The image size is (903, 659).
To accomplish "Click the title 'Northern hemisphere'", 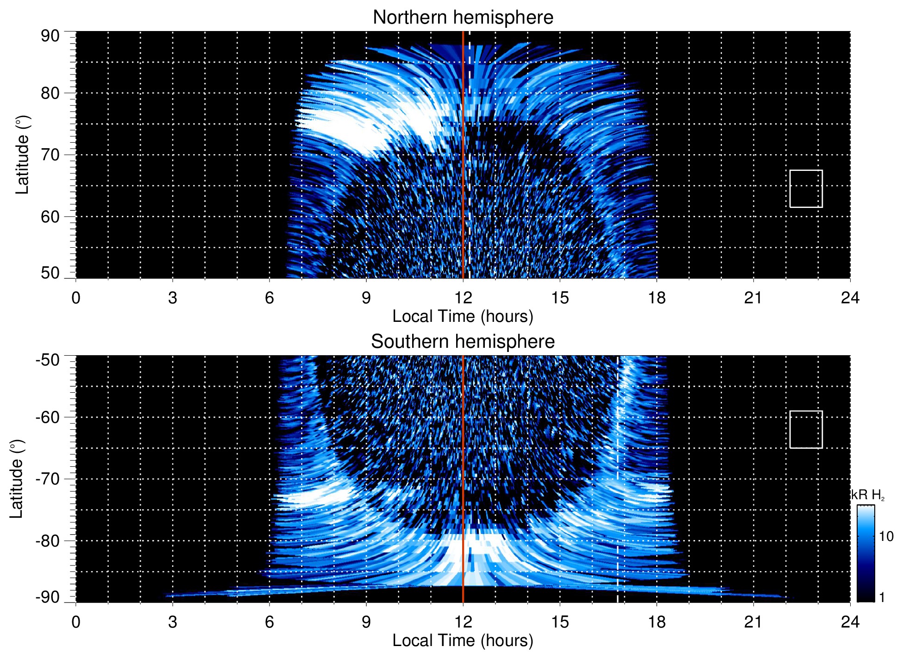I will click(463, 18).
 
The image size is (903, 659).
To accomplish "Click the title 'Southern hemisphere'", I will click(463, 342).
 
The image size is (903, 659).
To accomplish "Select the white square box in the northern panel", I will click(806, 188).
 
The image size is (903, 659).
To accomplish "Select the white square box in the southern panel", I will click(806, 429).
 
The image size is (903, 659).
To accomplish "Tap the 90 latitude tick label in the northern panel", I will click(50, 36).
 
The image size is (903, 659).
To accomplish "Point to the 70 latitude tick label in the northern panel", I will click(50, 155).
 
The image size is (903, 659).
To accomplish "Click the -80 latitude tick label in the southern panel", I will click(48, 540).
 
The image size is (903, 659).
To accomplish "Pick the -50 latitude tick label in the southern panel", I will click(48, 360).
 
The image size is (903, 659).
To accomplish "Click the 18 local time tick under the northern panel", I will click(657, 298).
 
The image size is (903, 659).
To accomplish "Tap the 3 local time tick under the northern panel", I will click(173, 298).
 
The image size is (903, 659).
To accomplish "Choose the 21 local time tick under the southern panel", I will click(753, 622).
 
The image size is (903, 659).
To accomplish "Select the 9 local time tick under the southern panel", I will click(366, 622).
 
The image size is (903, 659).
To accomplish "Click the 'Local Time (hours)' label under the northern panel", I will click(463, 316).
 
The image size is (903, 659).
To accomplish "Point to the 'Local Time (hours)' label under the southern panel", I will click(463, 640).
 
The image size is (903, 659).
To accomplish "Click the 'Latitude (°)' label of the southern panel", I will click(17, 479).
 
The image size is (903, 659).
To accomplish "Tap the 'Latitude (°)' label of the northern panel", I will click(22, 155).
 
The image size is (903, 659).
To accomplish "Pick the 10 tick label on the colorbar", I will click(886, 536).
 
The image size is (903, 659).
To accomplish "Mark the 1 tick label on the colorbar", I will click(882, 597).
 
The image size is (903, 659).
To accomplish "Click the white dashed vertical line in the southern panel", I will click(618, 463).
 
